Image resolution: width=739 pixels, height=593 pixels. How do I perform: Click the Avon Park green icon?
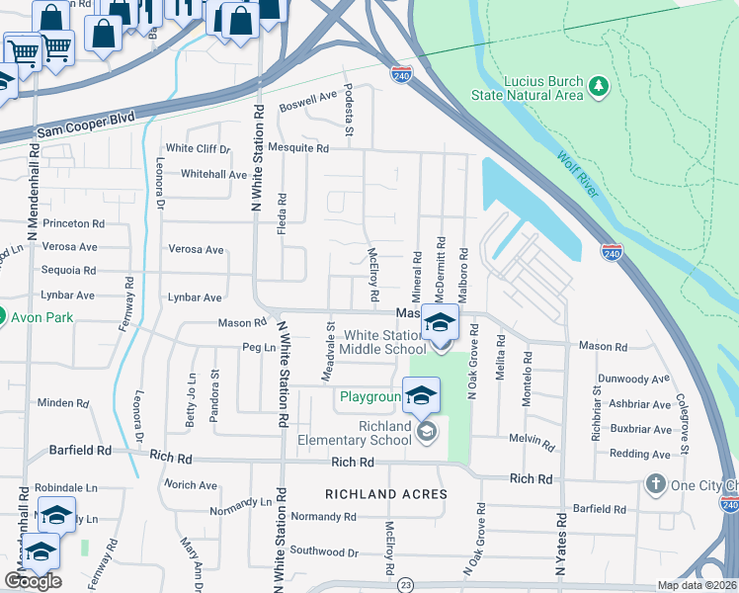(x=2, y=318)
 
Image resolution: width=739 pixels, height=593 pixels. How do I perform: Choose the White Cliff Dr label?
(x=198, y=148)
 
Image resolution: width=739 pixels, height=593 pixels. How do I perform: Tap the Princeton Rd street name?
(x=73, y=223)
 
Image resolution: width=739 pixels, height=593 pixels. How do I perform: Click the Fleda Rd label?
(x=283, y=210)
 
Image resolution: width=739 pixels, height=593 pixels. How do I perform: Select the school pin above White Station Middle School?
(x=440, y=323)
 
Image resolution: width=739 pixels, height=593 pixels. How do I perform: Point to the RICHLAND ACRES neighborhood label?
(x=386, y=493)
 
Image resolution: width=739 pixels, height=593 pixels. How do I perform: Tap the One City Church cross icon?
(x=653, y=484)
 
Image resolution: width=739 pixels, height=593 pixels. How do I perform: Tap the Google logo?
(x=33, y=581)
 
